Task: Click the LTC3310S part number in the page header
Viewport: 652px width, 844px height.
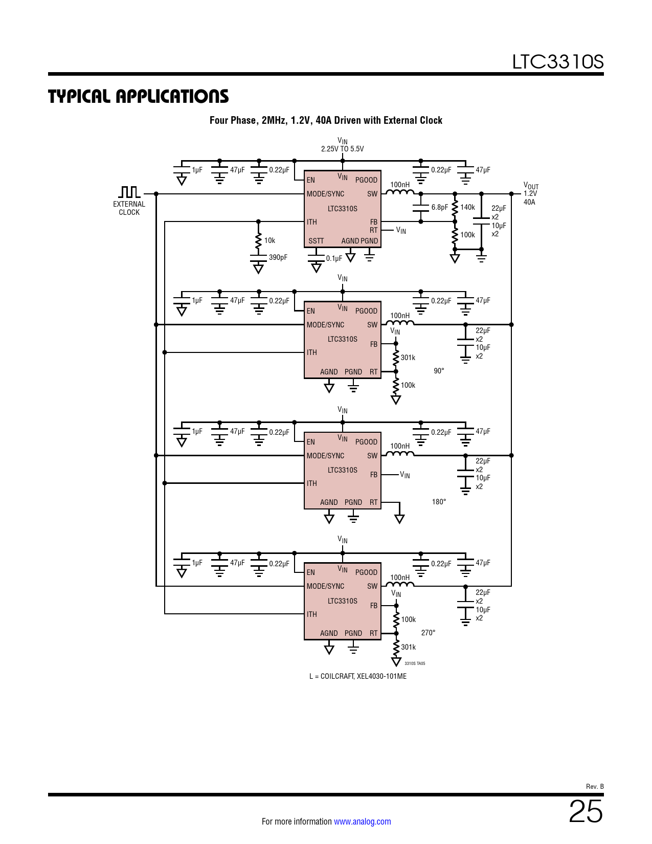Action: tap(557, 62)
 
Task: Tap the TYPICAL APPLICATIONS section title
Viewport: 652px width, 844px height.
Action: tap(138, 96)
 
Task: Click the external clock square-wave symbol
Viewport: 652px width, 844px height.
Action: tap(129, 192)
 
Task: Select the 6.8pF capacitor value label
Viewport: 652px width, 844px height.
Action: tap(439, 207)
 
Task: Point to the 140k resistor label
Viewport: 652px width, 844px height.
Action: tap(467, 207)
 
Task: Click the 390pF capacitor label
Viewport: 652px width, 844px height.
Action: tap(278, 257)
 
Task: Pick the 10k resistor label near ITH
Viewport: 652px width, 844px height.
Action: tap(269, 240)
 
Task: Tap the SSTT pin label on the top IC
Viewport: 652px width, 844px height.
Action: tap(316, 241)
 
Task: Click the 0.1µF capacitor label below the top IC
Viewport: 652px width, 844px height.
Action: tap(334, 258)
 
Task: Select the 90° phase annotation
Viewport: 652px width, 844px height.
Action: tap(439, 371)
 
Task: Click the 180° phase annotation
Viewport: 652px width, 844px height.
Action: tap(439, 502)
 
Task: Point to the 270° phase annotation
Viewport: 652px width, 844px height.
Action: tap(428, 633)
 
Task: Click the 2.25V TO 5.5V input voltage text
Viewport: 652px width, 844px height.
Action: tap(342, 149)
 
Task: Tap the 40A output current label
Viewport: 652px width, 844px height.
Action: tap(529, 202)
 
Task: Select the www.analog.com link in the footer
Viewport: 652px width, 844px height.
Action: tap(362, 821)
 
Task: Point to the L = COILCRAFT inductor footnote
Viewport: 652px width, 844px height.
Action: tap(357, 676)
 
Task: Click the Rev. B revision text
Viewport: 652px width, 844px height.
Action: tap(594, 786)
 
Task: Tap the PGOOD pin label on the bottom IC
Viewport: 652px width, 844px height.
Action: tap(366, 572)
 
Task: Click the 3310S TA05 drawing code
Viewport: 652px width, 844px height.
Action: tap(415, 663)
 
